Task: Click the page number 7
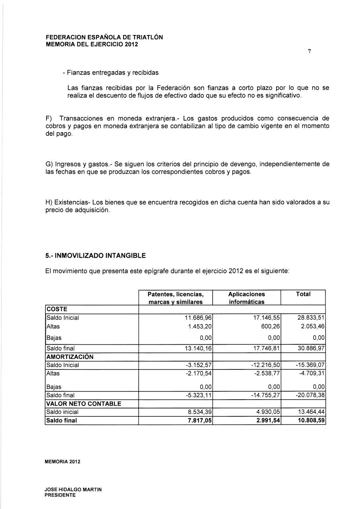[x=309, y=52]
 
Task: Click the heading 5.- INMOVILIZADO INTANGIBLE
[x=95, y=255]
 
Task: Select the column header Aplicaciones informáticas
[x=246, y=298]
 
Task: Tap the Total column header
[x=303, y=294]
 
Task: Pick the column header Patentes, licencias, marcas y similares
[x=175, y=298]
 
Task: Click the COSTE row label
[x=57, y=309]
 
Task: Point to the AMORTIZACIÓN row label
[x=70, y=357]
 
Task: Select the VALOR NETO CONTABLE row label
[x=84, y=404]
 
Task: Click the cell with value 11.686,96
[x=197, y=318]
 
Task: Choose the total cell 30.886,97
[x=311, y=348]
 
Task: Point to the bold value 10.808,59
[x=311, y=420]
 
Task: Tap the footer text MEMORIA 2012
[x=63, y=462]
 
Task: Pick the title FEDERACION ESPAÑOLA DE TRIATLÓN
[x=104, y=37]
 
